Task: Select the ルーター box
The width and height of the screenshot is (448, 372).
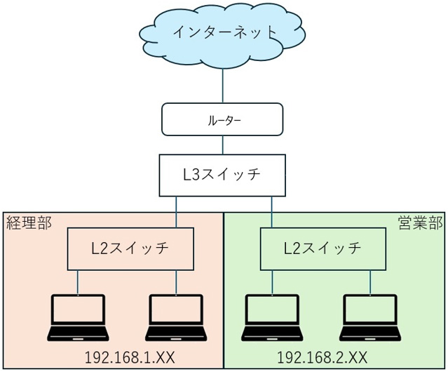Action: (x=223, y=119)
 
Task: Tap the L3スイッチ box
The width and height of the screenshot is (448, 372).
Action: (x=223, y=175)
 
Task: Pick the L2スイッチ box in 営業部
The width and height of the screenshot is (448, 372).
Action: (x=323, y=248)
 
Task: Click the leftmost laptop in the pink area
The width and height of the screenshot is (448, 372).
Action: (x=79, y=319)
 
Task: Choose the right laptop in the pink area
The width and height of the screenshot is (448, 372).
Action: (x=175, y=319)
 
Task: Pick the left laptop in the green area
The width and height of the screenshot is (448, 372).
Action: (x=271, y=319)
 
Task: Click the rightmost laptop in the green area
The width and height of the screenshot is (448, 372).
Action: (x=369, y=319)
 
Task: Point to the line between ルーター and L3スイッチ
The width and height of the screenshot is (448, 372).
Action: (x=223, y=145)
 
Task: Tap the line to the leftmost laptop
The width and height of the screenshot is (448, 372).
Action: (x=78, y=281)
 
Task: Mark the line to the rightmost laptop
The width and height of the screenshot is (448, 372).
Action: (x=369, y=281)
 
